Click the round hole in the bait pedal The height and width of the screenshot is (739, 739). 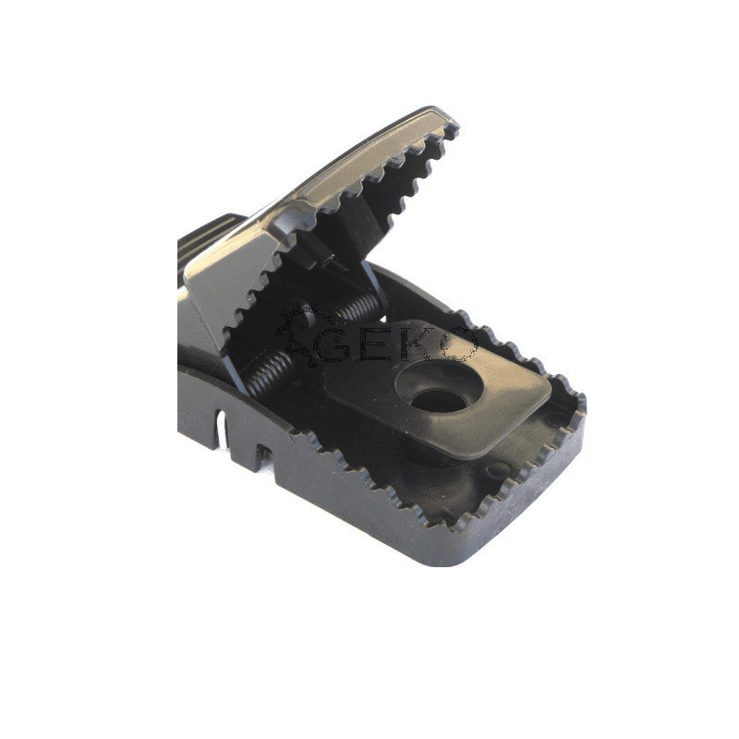point(438,401)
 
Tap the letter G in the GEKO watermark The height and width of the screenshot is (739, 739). point(333,345)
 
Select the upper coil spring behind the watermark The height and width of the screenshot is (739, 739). point(356,308)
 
